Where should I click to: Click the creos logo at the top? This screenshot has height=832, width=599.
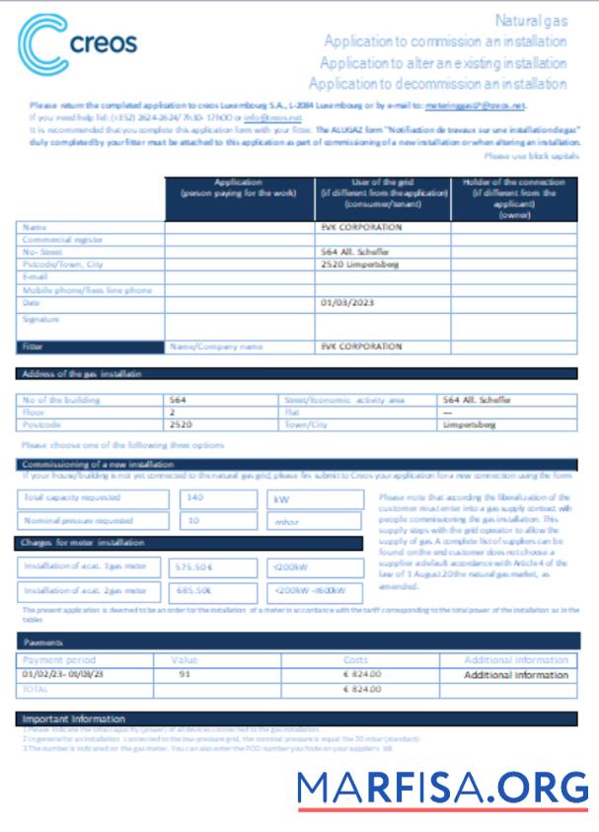[x=77, y=44]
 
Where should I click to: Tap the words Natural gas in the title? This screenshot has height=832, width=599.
[x=530, y=20]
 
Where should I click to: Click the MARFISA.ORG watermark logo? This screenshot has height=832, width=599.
[x=442, y=788]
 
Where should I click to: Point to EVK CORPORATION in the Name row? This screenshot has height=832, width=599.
[x=361, y=227]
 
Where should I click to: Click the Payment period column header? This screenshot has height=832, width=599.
[x=59, y=659]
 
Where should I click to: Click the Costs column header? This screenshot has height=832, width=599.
[x=361, y=659]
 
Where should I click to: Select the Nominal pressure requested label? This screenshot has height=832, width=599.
[x=78, y=520]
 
